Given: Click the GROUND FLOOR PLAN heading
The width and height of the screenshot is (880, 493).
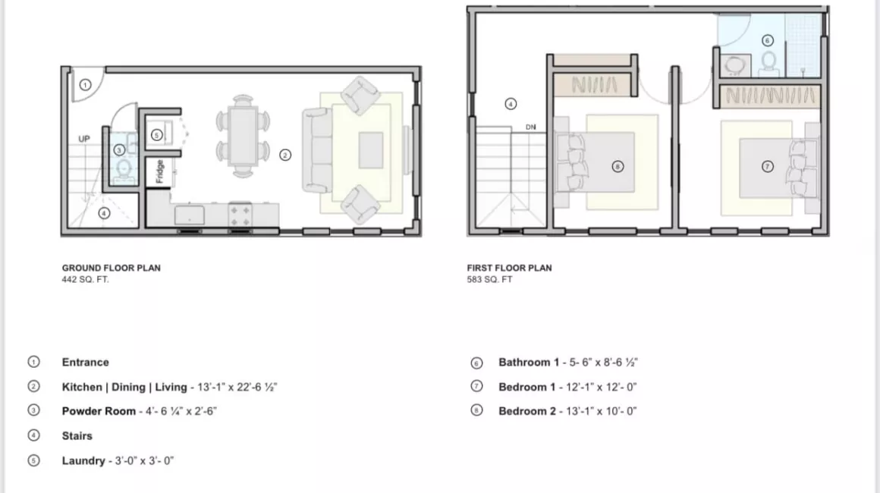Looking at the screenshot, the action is (111, 268).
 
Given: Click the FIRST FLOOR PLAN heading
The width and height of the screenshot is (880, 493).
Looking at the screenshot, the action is (509, 268).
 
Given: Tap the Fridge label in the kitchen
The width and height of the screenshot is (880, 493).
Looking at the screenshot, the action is (159, 171).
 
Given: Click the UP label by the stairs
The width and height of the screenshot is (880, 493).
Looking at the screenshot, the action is (84, 139).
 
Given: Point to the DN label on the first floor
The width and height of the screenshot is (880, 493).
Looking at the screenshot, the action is (531, 127).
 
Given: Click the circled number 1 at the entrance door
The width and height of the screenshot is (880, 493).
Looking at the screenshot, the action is (85, 85).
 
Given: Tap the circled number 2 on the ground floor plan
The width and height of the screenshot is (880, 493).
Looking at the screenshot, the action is (285, 155).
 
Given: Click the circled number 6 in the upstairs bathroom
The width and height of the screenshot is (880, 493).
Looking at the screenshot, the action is (767, 40).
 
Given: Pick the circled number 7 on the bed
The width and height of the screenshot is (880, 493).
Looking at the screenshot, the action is (767, 167).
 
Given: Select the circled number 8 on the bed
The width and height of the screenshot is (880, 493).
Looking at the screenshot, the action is (618, 167).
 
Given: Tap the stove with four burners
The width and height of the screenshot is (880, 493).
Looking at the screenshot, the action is (240, 215).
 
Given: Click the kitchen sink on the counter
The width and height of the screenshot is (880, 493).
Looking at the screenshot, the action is (190, 215).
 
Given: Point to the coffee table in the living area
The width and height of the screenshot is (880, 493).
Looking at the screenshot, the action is (371, 150).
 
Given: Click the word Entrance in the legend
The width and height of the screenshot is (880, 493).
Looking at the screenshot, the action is (85, 363).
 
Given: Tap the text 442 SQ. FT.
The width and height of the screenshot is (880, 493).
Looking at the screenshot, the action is (85, 279).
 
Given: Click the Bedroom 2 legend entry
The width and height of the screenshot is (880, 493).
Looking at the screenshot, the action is (567, 411).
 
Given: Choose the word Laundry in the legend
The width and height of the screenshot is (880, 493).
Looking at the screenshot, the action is (83, 461).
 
